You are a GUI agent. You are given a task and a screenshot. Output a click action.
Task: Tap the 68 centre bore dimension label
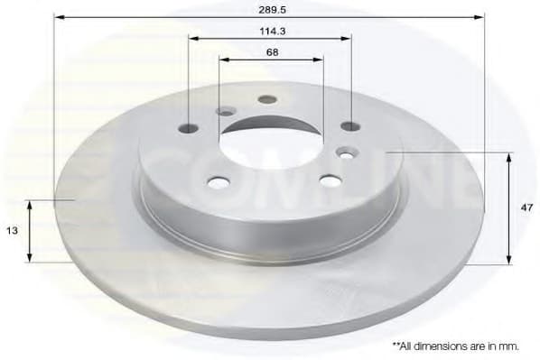pos(271,51)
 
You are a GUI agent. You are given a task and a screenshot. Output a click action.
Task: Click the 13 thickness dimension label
pos(12,230)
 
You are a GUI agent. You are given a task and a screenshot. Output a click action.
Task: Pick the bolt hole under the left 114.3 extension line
pos(190,127)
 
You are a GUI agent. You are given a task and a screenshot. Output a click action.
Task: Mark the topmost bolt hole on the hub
pos(266,99)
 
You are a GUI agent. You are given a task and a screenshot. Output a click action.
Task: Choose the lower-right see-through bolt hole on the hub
pos(330,181)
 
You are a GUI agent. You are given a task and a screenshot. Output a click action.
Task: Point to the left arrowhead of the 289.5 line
pos(59,16)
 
